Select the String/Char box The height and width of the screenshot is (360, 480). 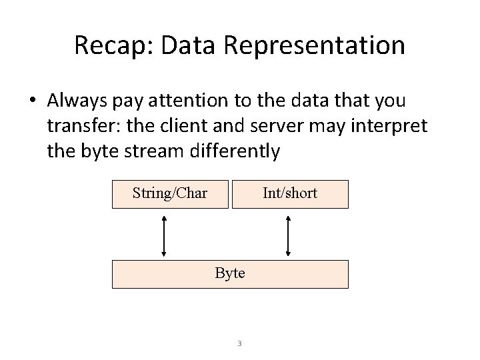click(170, 194)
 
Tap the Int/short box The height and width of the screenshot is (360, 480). click(290, 194)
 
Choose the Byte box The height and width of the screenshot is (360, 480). click(230, 273)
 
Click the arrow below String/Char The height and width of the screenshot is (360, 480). click(164, 235)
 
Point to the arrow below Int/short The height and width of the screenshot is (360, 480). click(288, 235)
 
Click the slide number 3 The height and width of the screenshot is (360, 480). click(239, 344)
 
